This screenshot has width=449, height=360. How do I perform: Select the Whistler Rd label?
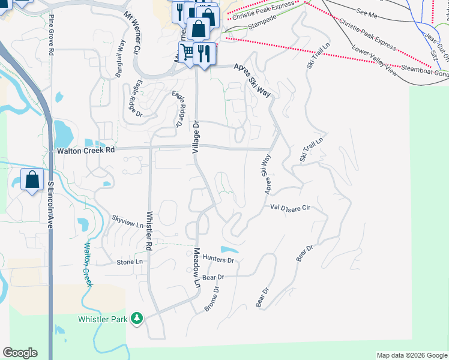click(148, 230)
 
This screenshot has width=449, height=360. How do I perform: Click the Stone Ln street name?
click(130, 262)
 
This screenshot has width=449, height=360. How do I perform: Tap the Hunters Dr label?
click(218, 260)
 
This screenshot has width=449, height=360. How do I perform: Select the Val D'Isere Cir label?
click(290, 208)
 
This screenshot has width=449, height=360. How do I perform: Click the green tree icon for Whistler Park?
click(137, 318)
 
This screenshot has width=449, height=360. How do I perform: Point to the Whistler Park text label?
click(103, 319)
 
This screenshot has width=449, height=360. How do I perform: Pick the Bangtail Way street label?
click(121, 59)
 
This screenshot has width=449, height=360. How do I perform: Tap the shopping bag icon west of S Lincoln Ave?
click(31, 179)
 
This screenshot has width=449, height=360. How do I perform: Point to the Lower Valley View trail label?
click(375, 60)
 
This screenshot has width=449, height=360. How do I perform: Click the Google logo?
click(20, 353)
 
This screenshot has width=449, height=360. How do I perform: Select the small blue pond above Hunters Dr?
click(229, 249)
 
